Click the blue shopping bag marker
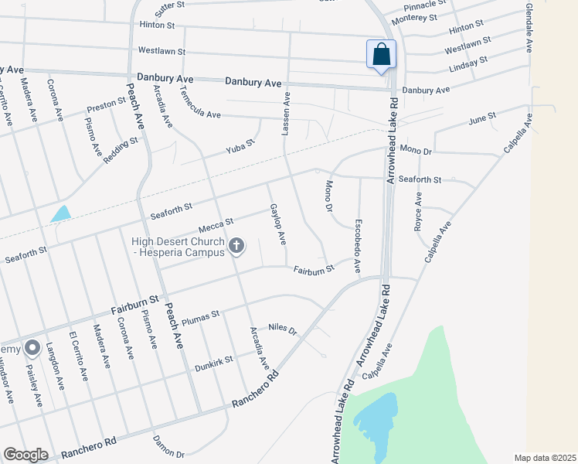[x=381, y=55]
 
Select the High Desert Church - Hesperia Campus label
[x=178, y=247]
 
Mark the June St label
[x=481, y=119]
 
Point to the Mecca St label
[x=216, y=224]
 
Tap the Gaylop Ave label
[x=277, y=224]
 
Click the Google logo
[x=25, y=455]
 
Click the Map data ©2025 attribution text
[x=546, y=458]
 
